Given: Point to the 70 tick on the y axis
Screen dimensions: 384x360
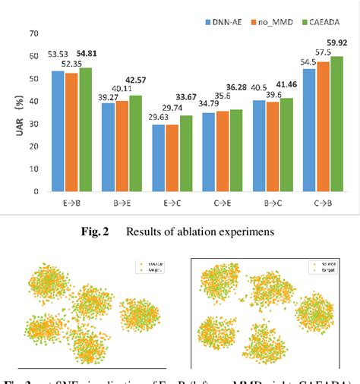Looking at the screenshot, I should click(33, 33).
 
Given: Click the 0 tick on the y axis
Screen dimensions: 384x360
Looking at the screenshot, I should click(36, 191).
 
